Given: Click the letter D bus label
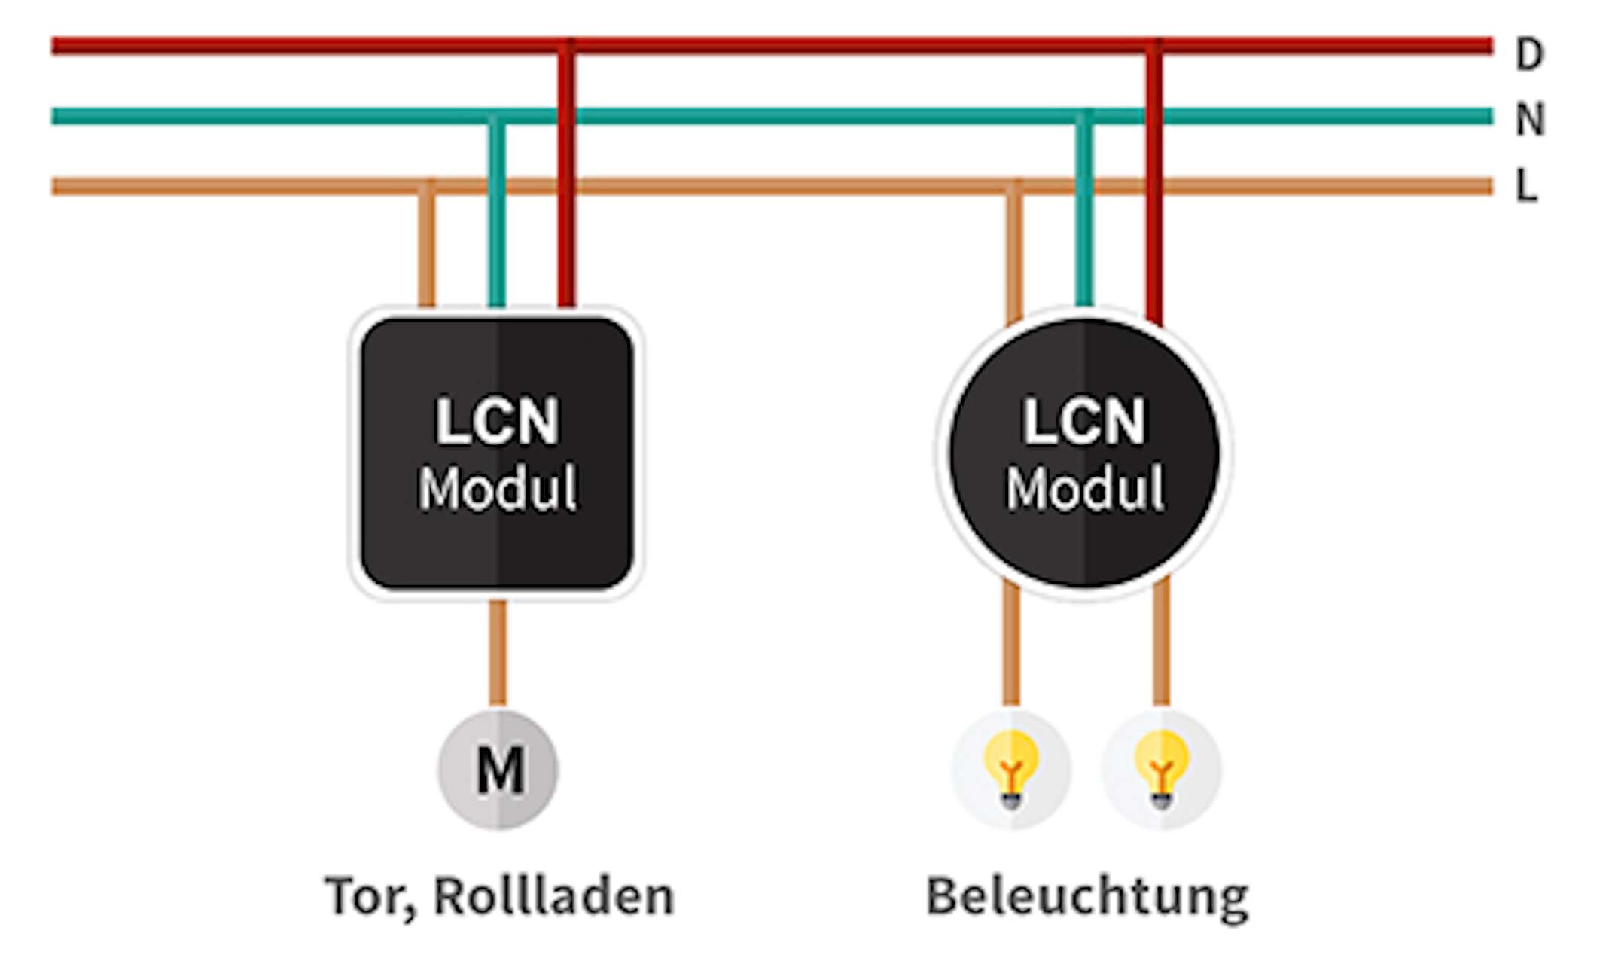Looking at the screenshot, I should point(1528,54).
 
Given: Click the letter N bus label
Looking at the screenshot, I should point(1529,119).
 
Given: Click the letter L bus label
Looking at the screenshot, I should point(1526,185).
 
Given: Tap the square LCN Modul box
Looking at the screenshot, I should point(497,452).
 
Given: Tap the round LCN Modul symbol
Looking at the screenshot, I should point(1084,452).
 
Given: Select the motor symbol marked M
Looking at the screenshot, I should point(498,770).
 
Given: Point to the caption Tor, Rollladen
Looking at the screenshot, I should point(499,896).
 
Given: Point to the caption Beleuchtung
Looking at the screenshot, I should point(1086,896).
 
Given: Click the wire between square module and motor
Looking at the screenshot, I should point(498,652).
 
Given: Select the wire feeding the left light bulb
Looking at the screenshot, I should point(1011,645).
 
